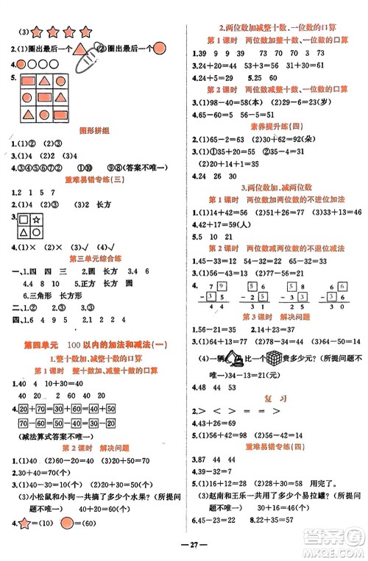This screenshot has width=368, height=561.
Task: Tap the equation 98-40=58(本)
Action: [231, 101]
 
